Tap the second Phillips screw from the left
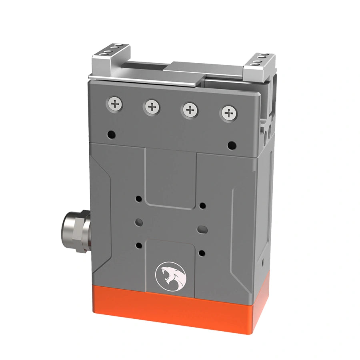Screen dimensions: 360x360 (152, 107)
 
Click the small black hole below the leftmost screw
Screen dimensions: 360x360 (112, 134)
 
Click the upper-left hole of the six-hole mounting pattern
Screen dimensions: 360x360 (138, 198)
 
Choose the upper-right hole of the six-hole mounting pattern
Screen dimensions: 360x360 (203, 206)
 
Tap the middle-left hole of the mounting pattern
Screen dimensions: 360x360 (138, 221)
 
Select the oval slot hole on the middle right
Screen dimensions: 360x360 (202, 230)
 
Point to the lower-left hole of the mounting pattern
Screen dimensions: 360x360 (138, 245)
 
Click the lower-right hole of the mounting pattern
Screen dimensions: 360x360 (202, 253)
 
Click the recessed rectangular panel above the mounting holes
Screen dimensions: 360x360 (170, 176)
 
